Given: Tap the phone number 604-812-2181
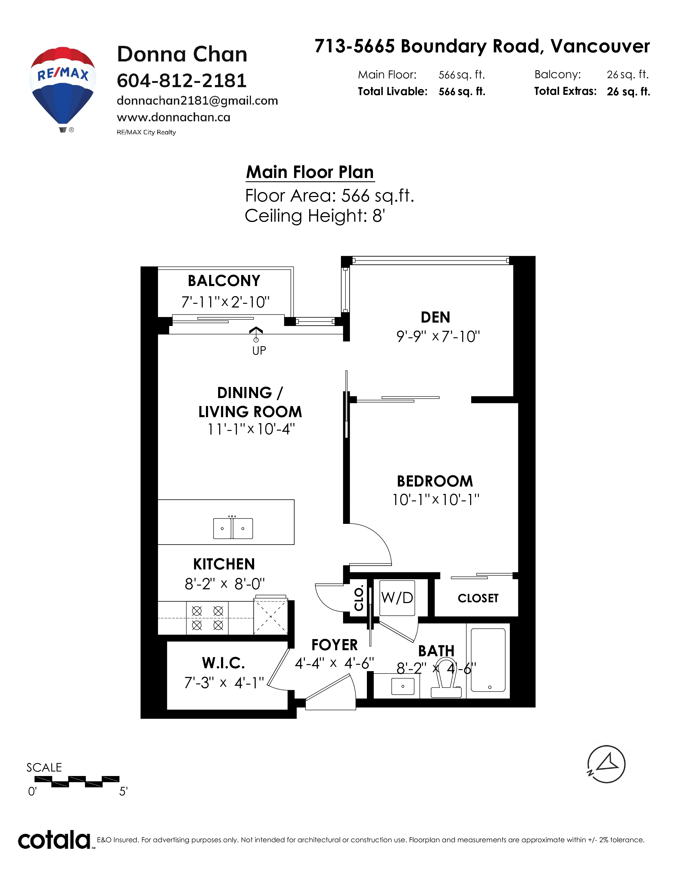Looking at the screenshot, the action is [x=182, y=81].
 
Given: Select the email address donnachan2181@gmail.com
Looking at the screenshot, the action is [x=197, y=101].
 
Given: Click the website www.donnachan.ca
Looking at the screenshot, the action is [x=174, y=117].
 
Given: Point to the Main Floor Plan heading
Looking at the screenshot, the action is [x=310, y=172].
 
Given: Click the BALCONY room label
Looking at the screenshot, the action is [x=224, y=281].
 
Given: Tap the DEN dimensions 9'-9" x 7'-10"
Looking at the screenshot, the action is [x=438, y=337].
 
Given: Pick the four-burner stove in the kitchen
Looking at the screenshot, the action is [x=207, y=618].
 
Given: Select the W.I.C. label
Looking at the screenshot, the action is [x=223, y=663].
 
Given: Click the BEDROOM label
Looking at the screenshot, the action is [x=435, y=481].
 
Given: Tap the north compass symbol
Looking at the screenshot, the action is [x=606, y=764].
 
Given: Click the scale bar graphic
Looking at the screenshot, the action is [x=77, y=781].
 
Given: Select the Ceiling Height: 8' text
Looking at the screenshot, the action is [x=315, y=216].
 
